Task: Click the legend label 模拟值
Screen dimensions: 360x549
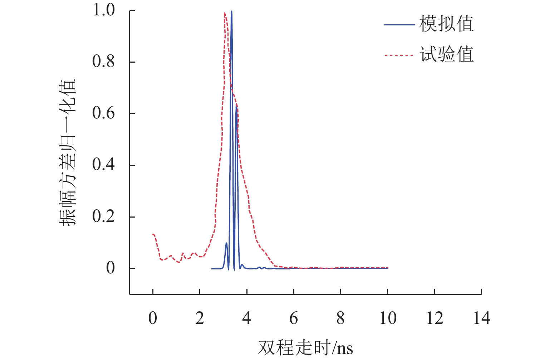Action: point(446,24)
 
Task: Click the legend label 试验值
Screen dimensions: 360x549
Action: point(446,55)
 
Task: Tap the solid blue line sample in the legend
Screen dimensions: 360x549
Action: point(399,25)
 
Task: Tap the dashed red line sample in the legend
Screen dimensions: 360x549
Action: point(399,55)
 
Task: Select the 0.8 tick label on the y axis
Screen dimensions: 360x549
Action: point(104,62)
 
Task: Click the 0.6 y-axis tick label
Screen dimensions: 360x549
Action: point(104,113)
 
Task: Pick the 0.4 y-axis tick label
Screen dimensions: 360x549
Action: point(104,165)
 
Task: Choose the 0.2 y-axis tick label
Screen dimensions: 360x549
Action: point(104,216)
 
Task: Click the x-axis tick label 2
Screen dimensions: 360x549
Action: point(200,318)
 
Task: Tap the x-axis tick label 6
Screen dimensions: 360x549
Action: point(294,318)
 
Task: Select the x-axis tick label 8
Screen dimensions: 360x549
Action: point(340,318)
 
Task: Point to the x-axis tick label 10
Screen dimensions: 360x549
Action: point(388,318)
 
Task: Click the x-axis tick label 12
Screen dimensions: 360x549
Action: point(435,318)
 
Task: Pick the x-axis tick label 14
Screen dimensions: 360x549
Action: point(481,318)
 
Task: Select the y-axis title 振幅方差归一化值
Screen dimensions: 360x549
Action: point(68,152)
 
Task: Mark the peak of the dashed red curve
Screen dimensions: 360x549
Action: point(225,13)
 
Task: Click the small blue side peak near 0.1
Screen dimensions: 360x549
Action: point(226,243)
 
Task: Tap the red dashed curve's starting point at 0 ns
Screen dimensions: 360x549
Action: point(153,234)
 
